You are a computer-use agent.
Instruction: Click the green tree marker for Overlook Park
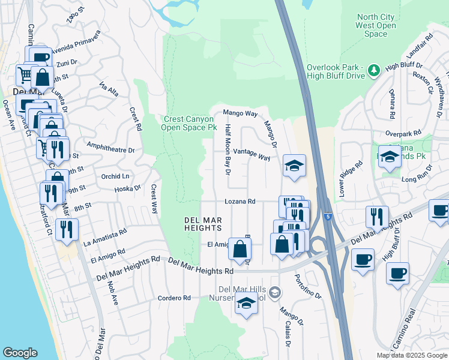pyautogui.click(x=375, y=71)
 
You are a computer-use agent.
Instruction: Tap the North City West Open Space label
pyautogui.click(x=376, y=26)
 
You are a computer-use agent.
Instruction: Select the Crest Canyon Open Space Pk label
pyautogui.click(x=190, y=123)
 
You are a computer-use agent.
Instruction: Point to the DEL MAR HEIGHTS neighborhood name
pyautogui.click(x=203, y=224)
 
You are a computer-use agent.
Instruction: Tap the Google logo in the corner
pyautogui.click(x=19, y=352)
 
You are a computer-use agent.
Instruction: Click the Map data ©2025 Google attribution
pyautogui.click(x=412, y=355)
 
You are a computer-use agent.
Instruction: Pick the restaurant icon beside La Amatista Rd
pyautogui.click(x=67, y=230)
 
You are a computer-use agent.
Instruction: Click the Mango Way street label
pyautogui.click(x=240, y=113)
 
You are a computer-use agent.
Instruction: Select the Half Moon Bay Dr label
pyautogui.click(x=228, y=150)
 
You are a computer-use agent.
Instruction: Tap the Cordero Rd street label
pyautogui.click(x=174, y=298)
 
